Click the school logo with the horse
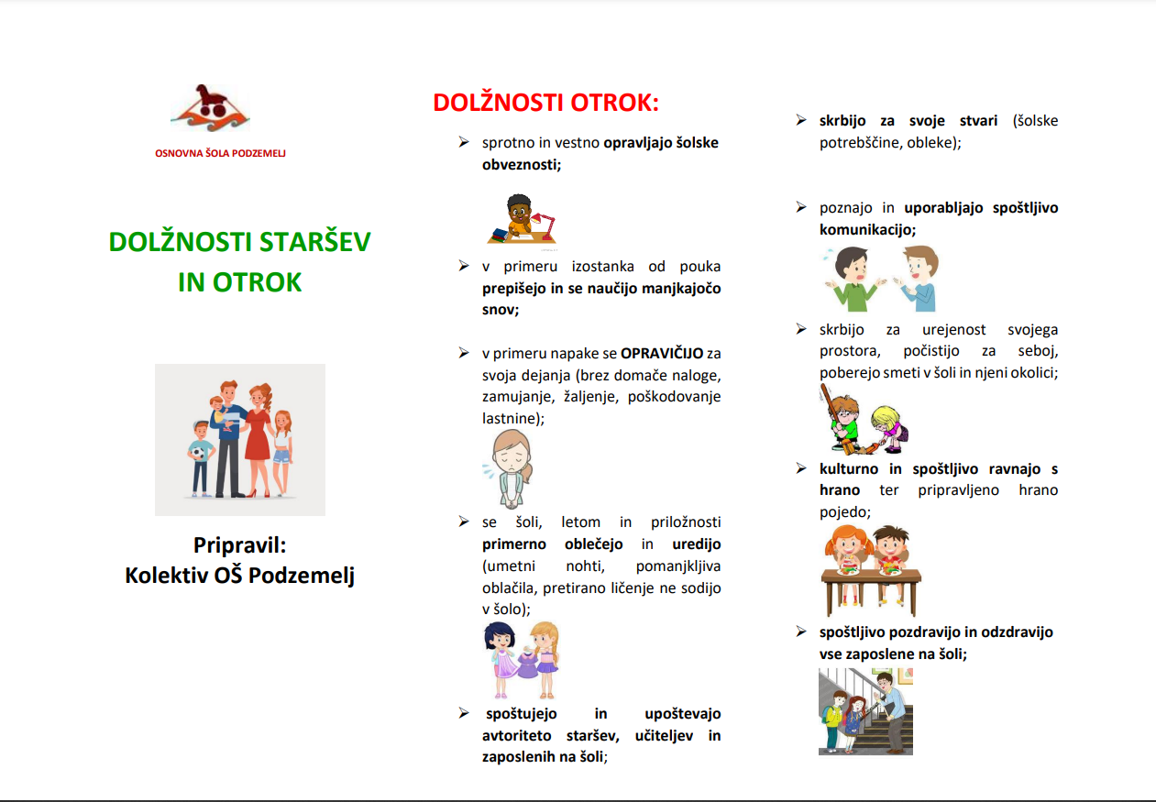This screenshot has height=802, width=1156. click(x=211, y=108)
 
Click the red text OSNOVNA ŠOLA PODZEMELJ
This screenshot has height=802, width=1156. click(x=220, y=153)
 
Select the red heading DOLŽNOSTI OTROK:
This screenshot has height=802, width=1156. click(x=546, y=102)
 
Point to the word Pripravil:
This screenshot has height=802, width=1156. click(x=240, y=545)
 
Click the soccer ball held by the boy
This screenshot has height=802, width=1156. click(x=198, y=453)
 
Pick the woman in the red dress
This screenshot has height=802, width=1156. click(x=259, y=439)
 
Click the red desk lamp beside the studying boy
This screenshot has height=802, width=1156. click(x=545, y=225)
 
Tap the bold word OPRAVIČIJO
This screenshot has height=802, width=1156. click(x=662, y=354)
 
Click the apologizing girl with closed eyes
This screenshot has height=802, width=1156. click(x=511, y=468)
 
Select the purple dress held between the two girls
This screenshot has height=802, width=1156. click(x=526, y=665)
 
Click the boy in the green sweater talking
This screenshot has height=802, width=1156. click(x=854, y=280)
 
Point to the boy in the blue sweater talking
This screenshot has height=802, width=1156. click(x=919, y=279)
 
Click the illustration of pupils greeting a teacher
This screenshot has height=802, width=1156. click(x=865, y=711)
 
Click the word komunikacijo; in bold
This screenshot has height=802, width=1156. click(x=867, y=230)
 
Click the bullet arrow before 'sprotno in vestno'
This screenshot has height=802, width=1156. click(x=464, y=142)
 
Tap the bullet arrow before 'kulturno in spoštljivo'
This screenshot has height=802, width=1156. click(x=801, y=468)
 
